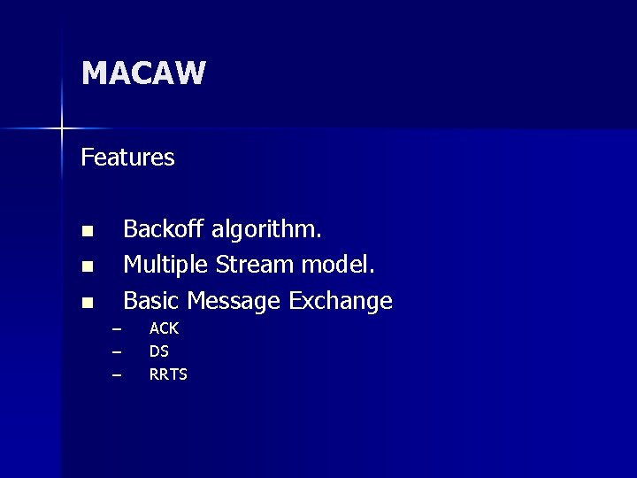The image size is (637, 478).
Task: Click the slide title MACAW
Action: (x=143, y=73)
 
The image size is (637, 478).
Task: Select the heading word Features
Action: (x=127, y=158)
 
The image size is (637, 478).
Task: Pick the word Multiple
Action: (x=165, y=266)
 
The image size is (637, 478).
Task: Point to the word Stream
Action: (x=255, y=265)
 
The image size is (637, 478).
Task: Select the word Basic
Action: (x=150, y=301)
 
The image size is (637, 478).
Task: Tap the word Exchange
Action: (x=341, y=302)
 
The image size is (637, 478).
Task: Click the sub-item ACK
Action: (x=164, y=328)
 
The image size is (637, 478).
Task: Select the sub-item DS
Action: (x=159, y=351)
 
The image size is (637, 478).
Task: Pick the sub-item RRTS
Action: (x=168, y=374)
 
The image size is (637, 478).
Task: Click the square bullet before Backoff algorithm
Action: (x=87, y=232)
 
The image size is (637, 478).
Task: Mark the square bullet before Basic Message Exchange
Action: (x=87, y=303)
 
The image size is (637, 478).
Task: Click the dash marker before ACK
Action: (x=115, y=329)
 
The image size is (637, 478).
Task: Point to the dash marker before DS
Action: (x=115, y=352)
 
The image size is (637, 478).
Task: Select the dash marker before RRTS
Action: (x=115, y=375)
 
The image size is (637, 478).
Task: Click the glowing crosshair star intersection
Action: (x=62, y=129)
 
